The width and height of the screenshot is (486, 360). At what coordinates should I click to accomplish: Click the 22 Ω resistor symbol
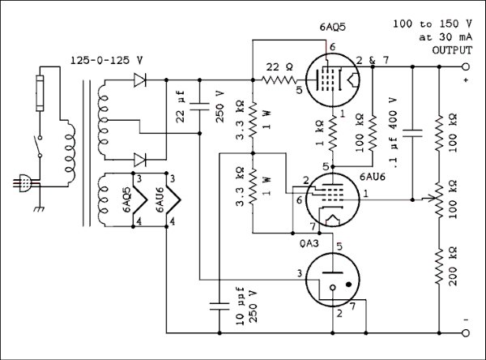click(x=279, y=80)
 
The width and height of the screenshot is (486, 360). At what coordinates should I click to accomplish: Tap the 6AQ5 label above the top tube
click(x=333, y=28)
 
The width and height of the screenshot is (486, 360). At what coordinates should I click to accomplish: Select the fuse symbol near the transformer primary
click(x=40, y=92)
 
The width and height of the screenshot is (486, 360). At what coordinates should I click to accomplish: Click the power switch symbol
click(x=39, y=146)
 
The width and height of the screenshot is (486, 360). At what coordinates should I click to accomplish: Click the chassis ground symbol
click(x=40, y=209)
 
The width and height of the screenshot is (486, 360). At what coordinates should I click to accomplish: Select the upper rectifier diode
click(x=140, y=80)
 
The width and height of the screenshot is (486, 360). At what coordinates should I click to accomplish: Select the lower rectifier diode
click(x=140, y=160)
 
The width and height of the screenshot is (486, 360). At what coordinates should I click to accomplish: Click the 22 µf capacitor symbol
click(x=199, y=106)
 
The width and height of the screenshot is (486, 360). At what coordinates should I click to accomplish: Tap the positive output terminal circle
click(x=466, y=66)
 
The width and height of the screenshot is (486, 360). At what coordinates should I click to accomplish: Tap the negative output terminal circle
click(x=466, y=333)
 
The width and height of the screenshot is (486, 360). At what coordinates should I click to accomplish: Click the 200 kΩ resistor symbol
click(x=439, y=267)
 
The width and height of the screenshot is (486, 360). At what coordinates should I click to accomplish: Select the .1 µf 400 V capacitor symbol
click(x=412, y=134)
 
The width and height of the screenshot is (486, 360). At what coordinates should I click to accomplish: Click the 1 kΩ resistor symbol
click(x=333, y=134)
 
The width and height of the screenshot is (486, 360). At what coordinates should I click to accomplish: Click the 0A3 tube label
click(x=309, y=243)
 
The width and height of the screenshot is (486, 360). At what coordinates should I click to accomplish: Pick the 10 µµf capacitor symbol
click(x=220, y=306)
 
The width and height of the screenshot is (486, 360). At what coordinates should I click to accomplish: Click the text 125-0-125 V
click(x=107, y=60)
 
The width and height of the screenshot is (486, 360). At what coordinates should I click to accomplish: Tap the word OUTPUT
click(x=452, y=50)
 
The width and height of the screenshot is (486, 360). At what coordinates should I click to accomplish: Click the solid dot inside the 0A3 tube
click(x=349, y=284)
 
